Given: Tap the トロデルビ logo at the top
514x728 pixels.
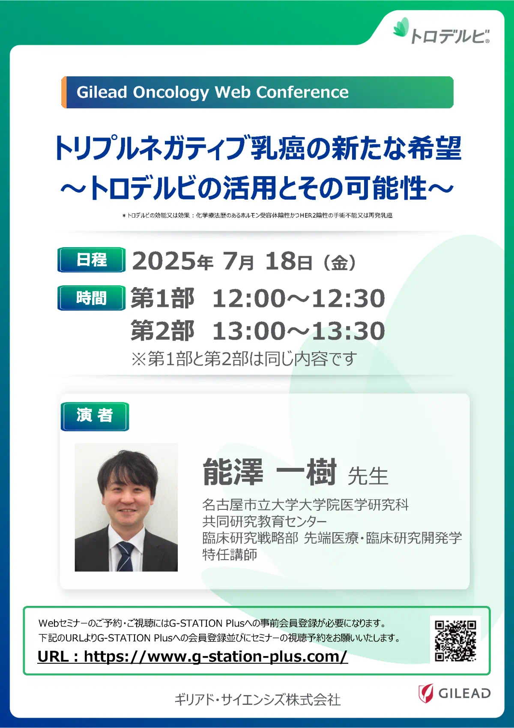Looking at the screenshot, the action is (441, 31).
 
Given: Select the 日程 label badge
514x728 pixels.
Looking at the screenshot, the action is (91, 260).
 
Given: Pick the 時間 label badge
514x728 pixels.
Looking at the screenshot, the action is (91, 298).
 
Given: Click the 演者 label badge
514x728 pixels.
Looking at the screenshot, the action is (95, 416).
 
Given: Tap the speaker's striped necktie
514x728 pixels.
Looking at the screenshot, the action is (126, 557).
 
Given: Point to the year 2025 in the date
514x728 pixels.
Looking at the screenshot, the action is (164, 261).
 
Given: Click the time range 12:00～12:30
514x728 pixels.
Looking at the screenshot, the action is (299, 298).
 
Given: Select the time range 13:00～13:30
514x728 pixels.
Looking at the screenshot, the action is (299, 331).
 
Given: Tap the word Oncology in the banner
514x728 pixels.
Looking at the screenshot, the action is (170, 93).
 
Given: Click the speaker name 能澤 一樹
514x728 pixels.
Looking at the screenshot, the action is (269, 472).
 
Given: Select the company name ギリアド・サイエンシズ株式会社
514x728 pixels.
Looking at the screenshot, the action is (258, 700).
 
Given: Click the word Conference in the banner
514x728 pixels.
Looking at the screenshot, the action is (302, 92).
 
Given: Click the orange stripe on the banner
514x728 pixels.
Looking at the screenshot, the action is (64, 92).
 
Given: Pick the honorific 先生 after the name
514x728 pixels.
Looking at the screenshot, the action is (368, 476).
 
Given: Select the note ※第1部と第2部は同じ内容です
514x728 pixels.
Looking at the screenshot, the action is (244, 359).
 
